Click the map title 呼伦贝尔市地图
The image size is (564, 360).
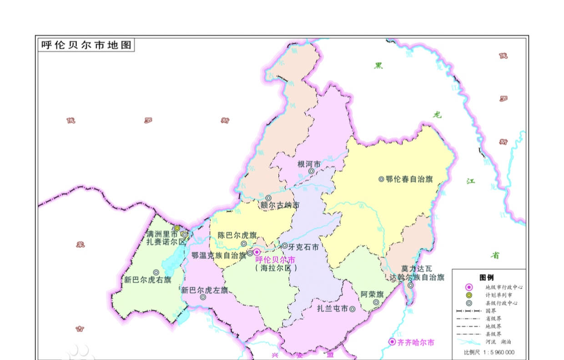click(86, 45)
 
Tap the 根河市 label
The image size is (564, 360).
click(309, 164)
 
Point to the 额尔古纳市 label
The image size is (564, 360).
click(280, 205)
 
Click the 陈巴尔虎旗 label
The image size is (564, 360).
click(237, 235)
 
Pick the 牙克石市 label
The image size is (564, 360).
click(303, 246)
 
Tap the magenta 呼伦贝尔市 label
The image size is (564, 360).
click(275, 260)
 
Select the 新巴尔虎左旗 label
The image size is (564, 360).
click(204, 290)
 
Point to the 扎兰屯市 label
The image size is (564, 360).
click(332, 309)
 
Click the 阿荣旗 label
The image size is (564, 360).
click(372, 294)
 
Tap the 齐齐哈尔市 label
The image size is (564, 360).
click(416, 342)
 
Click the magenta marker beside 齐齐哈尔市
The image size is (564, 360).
click(392, 342)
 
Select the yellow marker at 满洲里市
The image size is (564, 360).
click(177, 228)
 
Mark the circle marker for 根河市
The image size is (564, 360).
click(312, 171)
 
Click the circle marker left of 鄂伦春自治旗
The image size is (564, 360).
click(381, 179)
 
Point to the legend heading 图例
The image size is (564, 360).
click(487, 277)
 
